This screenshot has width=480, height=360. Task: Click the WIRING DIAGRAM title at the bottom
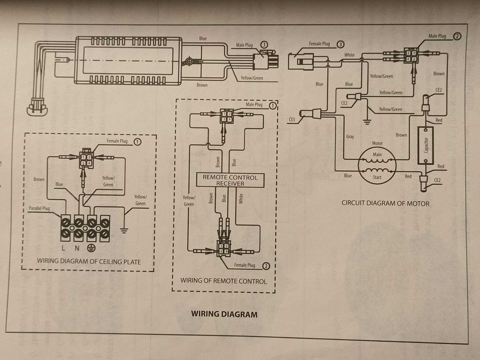click(224, 314)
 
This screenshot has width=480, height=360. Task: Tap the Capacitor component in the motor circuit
click(425, 145)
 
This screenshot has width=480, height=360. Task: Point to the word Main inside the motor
click(377, 154)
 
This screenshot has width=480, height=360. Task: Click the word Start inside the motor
click(377, 178)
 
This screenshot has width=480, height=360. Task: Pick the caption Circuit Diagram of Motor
click(385, 203)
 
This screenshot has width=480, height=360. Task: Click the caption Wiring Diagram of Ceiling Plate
click(88, 262)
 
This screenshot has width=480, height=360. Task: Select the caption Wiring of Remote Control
click(223, 281)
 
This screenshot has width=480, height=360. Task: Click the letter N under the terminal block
click(78, 248)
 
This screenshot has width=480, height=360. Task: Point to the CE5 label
click(292, 120)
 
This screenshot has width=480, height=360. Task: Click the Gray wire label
click(350, 137)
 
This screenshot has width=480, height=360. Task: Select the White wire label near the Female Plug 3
click(349, 55)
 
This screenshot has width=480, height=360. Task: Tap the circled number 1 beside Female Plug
click(137, 141)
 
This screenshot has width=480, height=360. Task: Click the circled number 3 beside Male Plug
click(264, 45)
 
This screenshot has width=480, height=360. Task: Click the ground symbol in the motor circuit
click(367, 122)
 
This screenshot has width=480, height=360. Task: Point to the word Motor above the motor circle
click(377, 143)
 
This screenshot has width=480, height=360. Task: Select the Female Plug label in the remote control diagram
click(244, 265)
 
